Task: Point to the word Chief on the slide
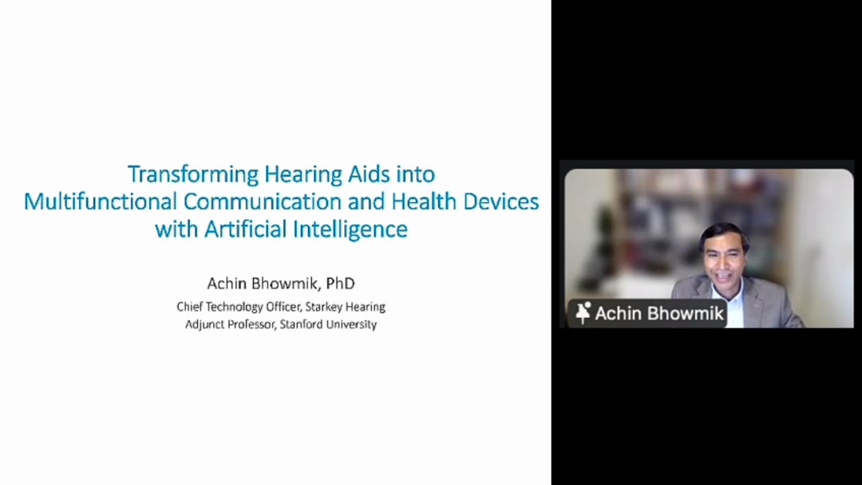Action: [189, 307]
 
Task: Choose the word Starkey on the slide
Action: [324, 307]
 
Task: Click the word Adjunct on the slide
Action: [204, 325]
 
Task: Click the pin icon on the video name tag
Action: [583, 313]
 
